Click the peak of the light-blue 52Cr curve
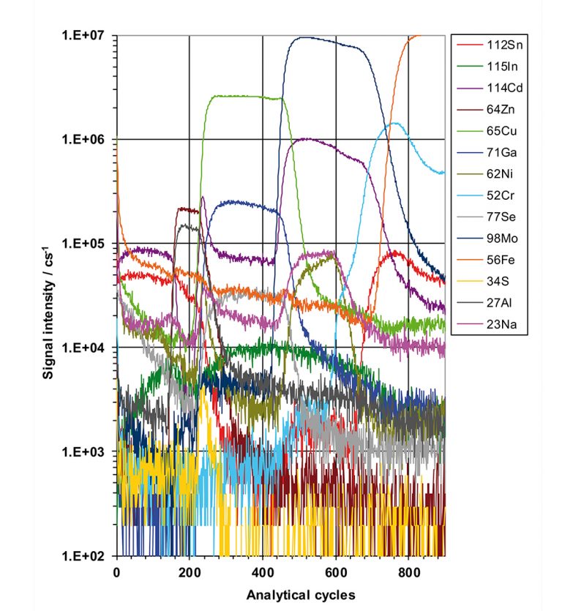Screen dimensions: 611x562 pos(395,123)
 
